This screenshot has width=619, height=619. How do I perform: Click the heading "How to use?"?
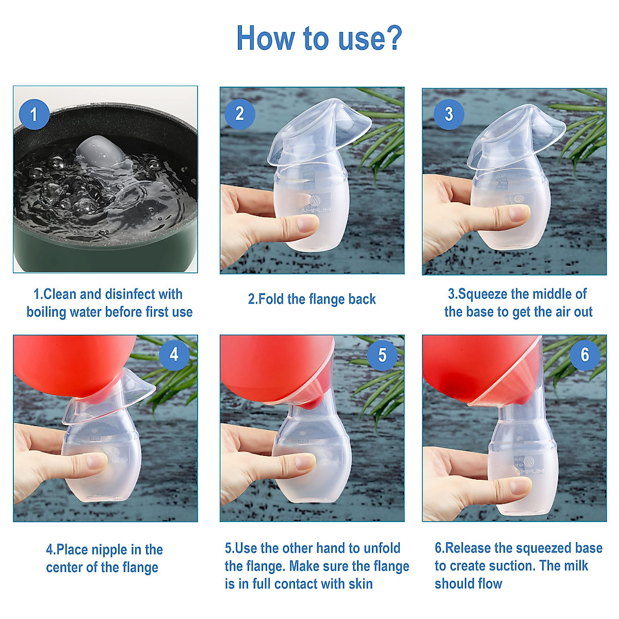tap(319, 38)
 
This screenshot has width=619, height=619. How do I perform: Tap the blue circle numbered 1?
tap(34, 114)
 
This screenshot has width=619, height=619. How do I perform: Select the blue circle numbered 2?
tap(239, 113)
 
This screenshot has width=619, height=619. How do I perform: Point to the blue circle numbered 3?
tap(449, 113)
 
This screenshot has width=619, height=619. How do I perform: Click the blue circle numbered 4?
tap(174, 354)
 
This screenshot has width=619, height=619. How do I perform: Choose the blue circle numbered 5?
tap(382, 355)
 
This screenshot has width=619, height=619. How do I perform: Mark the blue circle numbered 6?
tap(584, 354)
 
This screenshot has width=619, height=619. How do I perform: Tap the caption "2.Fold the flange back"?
tap(312, 299)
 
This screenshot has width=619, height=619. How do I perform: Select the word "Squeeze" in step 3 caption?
tap(482, 294)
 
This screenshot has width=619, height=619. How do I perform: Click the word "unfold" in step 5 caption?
tap(382, 548)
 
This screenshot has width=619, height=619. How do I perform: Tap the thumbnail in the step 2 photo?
tap(307, 224)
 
